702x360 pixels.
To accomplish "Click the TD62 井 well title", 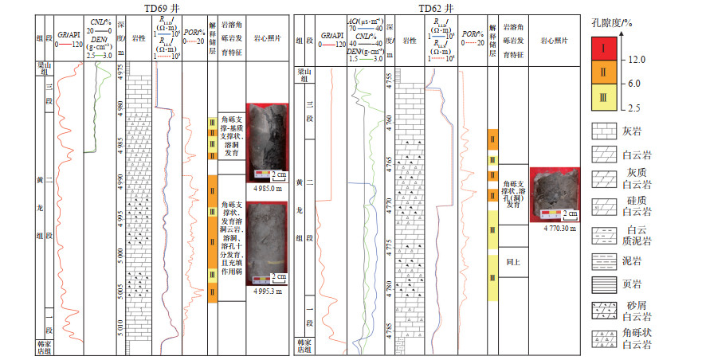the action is point(429,7).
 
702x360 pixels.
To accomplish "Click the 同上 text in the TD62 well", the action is point(512,260).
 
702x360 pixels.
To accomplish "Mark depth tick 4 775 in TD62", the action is point(390,243).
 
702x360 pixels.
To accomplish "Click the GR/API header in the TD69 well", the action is point(72,36).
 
